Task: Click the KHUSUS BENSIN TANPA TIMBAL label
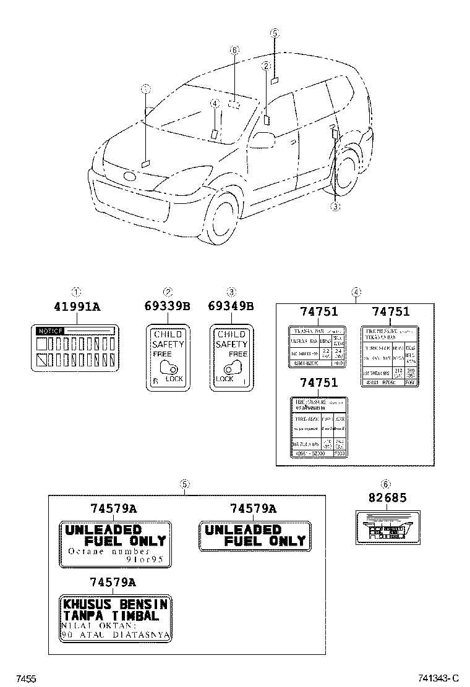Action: pyautogui.click(x=115, y=618)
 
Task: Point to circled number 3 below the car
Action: pyautogui.click(x=335, y=206)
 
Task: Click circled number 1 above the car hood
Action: pyautogui.click(x=145, y=88)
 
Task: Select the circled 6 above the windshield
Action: pyautogui.click(x=234, y=50)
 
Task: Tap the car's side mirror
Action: pyautogui.click(x=262, y=140)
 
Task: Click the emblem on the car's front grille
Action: pyautogui.click(x=130, y=177)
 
